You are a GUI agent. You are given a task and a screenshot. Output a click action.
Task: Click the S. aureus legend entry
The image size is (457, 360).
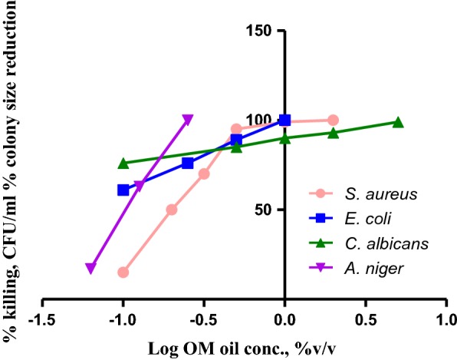[375, 194]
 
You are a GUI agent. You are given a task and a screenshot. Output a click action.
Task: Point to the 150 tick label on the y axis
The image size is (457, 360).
[265, 31]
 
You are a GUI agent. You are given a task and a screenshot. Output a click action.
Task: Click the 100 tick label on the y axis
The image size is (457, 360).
[265, 120]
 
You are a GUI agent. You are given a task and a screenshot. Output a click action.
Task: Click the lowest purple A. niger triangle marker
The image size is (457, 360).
[90, 269]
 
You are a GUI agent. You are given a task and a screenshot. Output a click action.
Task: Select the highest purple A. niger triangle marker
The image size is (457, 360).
[188, 120]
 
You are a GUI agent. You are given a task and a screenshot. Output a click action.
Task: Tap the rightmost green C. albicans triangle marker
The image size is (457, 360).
[398, 122]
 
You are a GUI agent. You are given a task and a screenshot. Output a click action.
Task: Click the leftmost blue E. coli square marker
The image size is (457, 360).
[123, 190]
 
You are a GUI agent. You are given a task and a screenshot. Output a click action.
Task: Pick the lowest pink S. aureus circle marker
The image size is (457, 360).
[123, 272]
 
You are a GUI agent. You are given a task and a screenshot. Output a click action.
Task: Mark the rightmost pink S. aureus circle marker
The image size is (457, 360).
[333, 120]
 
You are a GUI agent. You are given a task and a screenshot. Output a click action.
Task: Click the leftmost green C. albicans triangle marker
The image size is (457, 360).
[123, 163]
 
